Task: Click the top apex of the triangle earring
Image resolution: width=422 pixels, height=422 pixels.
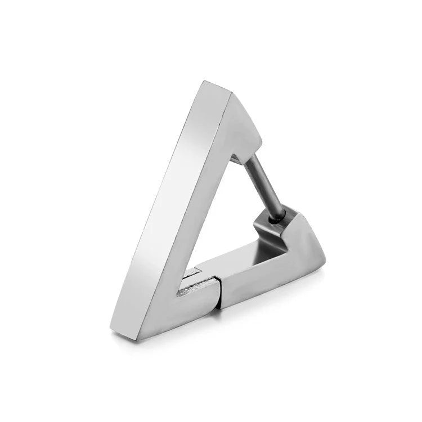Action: [x=204, y=83]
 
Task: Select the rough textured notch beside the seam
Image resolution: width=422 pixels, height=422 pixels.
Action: [x=188, y=290]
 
